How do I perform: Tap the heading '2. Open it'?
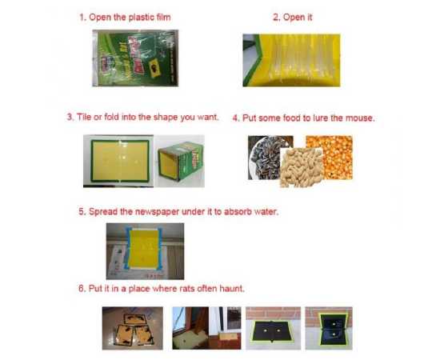[292, 18]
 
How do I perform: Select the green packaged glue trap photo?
[135, 58]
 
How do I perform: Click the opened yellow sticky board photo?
[291, 60]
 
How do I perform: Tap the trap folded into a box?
[179, 161]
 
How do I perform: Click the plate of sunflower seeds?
[265, 158]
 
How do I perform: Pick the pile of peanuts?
[301, 167]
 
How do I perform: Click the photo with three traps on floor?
[133, 328]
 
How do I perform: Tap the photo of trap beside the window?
[206, 328]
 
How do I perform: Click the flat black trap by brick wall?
[273, 328]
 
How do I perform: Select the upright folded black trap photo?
[329, 328]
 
